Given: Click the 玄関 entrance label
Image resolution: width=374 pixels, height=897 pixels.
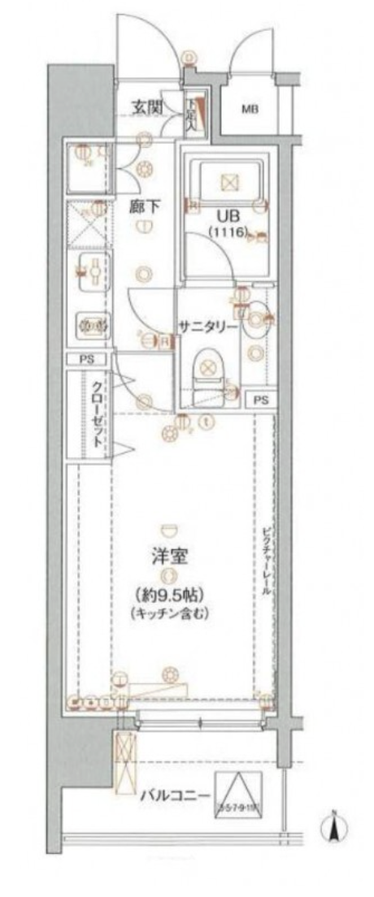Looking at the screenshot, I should tap(149, 108).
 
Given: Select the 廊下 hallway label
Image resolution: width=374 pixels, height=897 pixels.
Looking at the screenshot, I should tap(143, 206).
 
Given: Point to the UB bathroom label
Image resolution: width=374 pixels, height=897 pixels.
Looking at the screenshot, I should tap(227, 217).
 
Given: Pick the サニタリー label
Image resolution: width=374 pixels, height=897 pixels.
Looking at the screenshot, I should tap(209, 327).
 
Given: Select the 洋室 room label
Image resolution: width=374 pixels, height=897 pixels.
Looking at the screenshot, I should tap(169, 557).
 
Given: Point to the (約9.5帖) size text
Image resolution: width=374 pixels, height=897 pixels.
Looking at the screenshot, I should tap(169, 594).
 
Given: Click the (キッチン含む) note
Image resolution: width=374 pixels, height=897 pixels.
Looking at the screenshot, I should tap(169, 614).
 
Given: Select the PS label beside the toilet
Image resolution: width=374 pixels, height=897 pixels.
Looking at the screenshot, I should tap(260, 400).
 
